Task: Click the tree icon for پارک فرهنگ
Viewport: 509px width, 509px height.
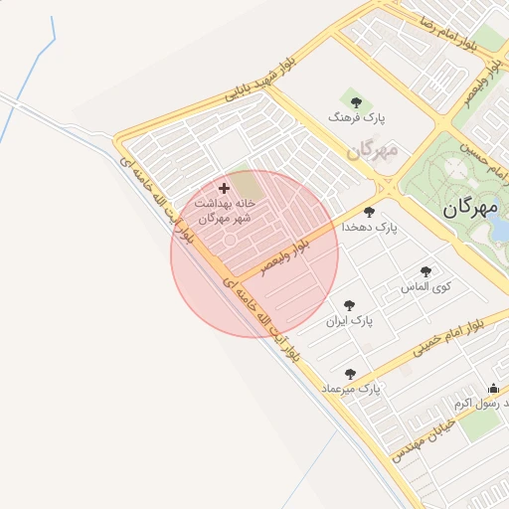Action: coord(356,101)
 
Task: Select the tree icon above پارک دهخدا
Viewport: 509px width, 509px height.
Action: coord(370,212)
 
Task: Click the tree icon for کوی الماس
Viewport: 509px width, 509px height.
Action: coord(426,271)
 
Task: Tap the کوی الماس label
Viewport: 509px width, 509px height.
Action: coord(425,286)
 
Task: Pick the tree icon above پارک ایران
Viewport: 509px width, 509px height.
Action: coord(348,306)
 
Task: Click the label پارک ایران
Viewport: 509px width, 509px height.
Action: coord(348,322)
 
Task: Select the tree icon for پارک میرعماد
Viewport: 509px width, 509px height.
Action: coord(349,374)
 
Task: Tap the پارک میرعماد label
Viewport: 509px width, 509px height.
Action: coord(349,389)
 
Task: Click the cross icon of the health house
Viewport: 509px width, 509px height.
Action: coord(224,187)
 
